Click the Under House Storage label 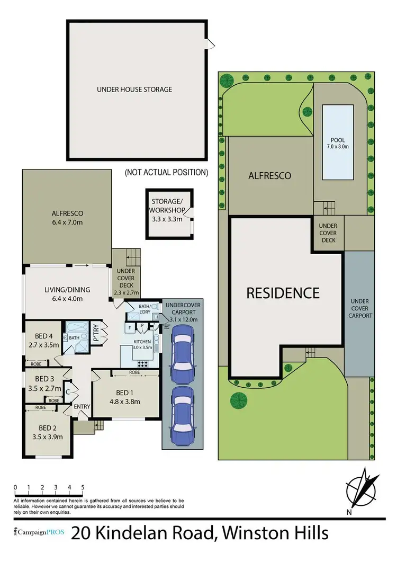pyautogui.click(x=134, y=90)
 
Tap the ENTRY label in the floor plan pyautogui.click(x=83, y=407)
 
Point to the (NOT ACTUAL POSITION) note pyautogui.click(x=166, y=172)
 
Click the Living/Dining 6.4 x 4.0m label pyautogui.click(x=67, y=294)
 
